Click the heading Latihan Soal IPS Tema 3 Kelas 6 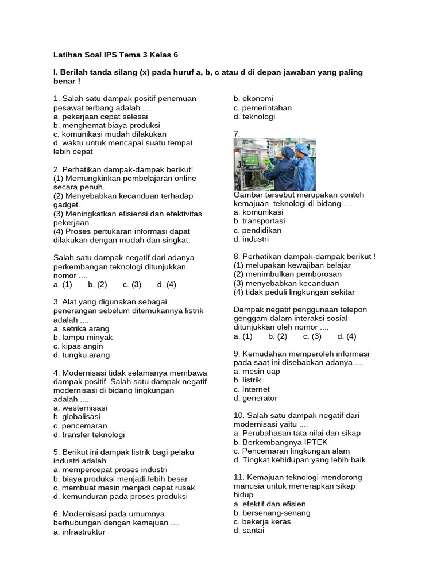click(115, 55)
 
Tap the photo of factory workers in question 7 click(274, 164)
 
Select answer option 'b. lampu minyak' click(83, 338)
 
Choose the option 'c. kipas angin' click(78, 346)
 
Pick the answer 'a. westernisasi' click(80, 408)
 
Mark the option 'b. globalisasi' click(77, 416)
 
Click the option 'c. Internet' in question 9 click(252, 389)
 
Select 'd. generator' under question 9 click(256, 398)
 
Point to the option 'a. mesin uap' click(257, 372)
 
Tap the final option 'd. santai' click(249, 531)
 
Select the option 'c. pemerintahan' click(262, 107)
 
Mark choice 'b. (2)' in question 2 click(98, 284)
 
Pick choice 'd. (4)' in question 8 click(347, 336)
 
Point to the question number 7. click(237, 134)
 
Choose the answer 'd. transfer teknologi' click(89, 434)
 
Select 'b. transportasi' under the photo click(259, 221)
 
